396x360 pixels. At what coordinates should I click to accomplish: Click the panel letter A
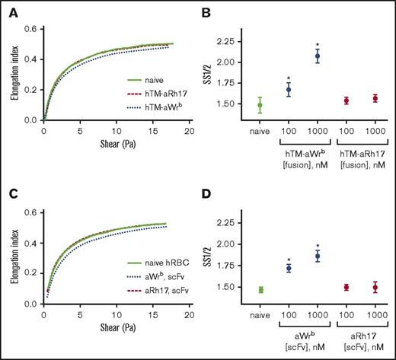[x=7, y=10]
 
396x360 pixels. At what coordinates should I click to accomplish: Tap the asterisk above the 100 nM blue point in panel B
[x=288, y=78]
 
